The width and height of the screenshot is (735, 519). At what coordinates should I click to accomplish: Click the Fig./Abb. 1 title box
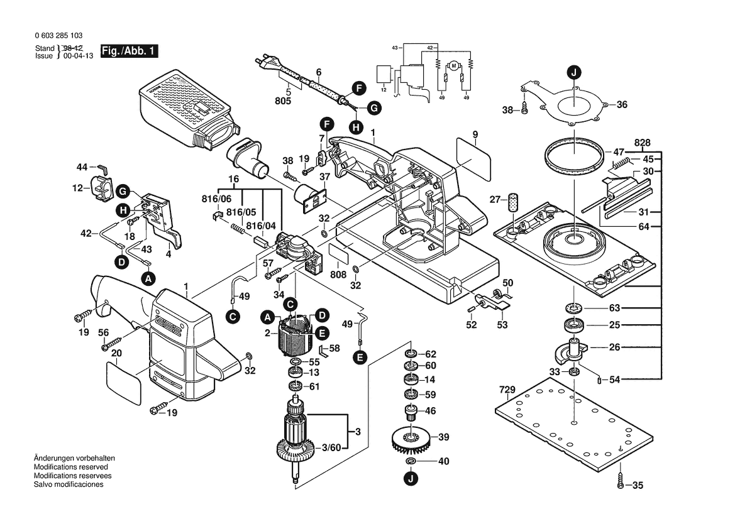click(130, 52)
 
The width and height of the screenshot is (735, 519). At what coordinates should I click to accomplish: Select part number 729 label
click(507, 390)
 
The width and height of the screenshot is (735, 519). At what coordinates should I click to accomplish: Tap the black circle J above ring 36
click(573, 72)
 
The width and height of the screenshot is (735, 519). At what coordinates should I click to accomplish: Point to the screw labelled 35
click(621, 485)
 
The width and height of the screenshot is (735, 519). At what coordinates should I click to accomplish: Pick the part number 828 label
click(642, 142)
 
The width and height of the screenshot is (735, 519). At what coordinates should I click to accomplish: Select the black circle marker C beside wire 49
click(233, 317)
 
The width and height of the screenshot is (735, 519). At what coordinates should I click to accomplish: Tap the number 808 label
click(338, 275)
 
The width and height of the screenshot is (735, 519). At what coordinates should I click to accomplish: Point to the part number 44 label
click(82, 167)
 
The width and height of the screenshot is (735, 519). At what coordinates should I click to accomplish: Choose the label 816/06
click(218, 199)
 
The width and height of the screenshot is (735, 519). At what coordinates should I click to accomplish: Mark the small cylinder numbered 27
click(514, 202)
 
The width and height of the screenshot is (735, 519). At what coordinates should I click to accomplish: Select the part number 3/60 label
click(331, 447)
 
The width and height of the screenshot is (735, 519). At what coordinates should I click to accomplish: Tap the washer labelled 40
click(410, 462)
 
